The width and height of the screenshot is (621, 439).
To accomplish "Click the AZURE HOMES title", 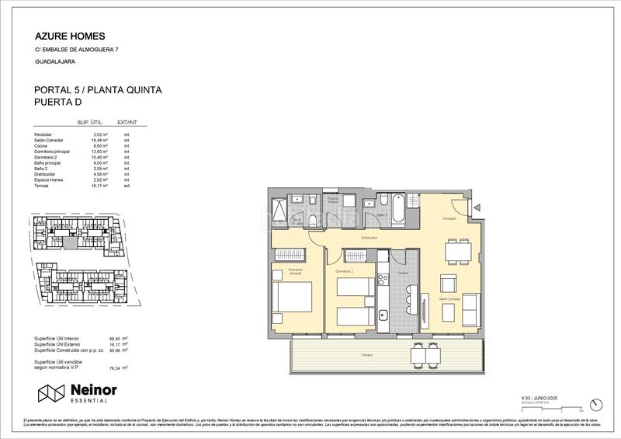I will pos(70,36).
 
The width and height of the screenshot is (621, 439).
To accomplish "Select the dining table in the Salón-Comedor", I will pos(455,251).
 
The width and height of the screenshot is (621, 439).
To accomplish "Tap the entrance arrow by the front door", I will pos(479,207).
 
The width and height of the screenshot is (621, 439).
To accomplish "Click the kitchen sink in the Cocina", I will pos(383,315).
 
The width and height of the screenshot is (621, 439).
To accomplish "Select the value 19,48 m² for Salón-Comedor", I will pos(99,141).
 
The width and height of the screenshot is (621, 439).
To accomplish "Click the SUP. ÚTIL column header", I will pos(90,122).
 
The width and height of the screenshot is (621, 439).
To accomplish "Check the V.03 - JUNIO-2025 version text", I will pos(541,398).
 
